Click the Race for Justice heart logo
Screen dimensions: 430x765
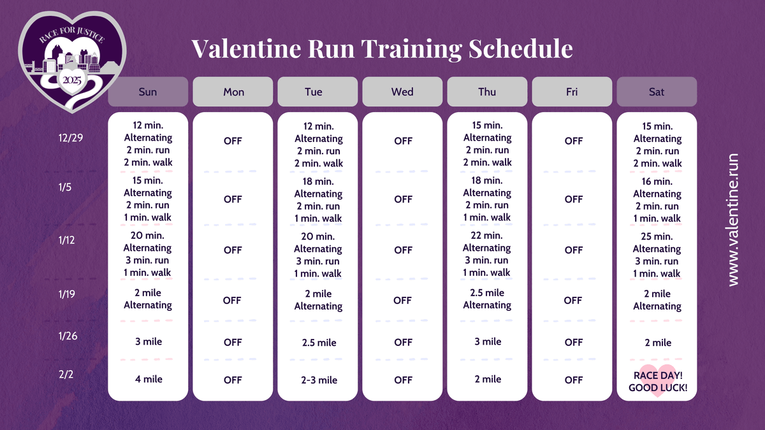(71, 61)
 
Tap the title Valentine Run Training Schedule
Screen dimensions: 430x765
(382, 48)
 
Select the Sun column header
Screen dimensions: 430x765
(148, 92)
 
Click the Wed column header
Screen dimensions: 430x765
(402, 92)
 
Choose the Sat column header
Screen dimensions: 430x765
(657, 92)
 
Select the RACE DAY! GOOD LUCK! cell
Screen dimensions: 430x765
(657, 381)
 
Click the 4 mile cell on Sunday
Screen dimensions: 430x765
(148, 379)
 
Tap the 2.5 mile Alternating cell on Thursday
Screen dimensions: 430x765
(487, 299)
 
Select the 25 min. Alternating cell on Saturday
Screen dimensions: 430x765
(657, 255)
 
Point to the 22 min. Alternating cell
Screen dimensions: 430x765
(487, 254)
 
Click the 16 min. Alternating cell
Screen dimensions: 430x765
(657, 199)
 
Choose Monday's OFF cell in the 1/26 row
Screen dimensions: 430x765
(233, 342)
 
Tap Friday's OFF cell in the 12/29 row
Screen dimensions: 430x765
(573, 141)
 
